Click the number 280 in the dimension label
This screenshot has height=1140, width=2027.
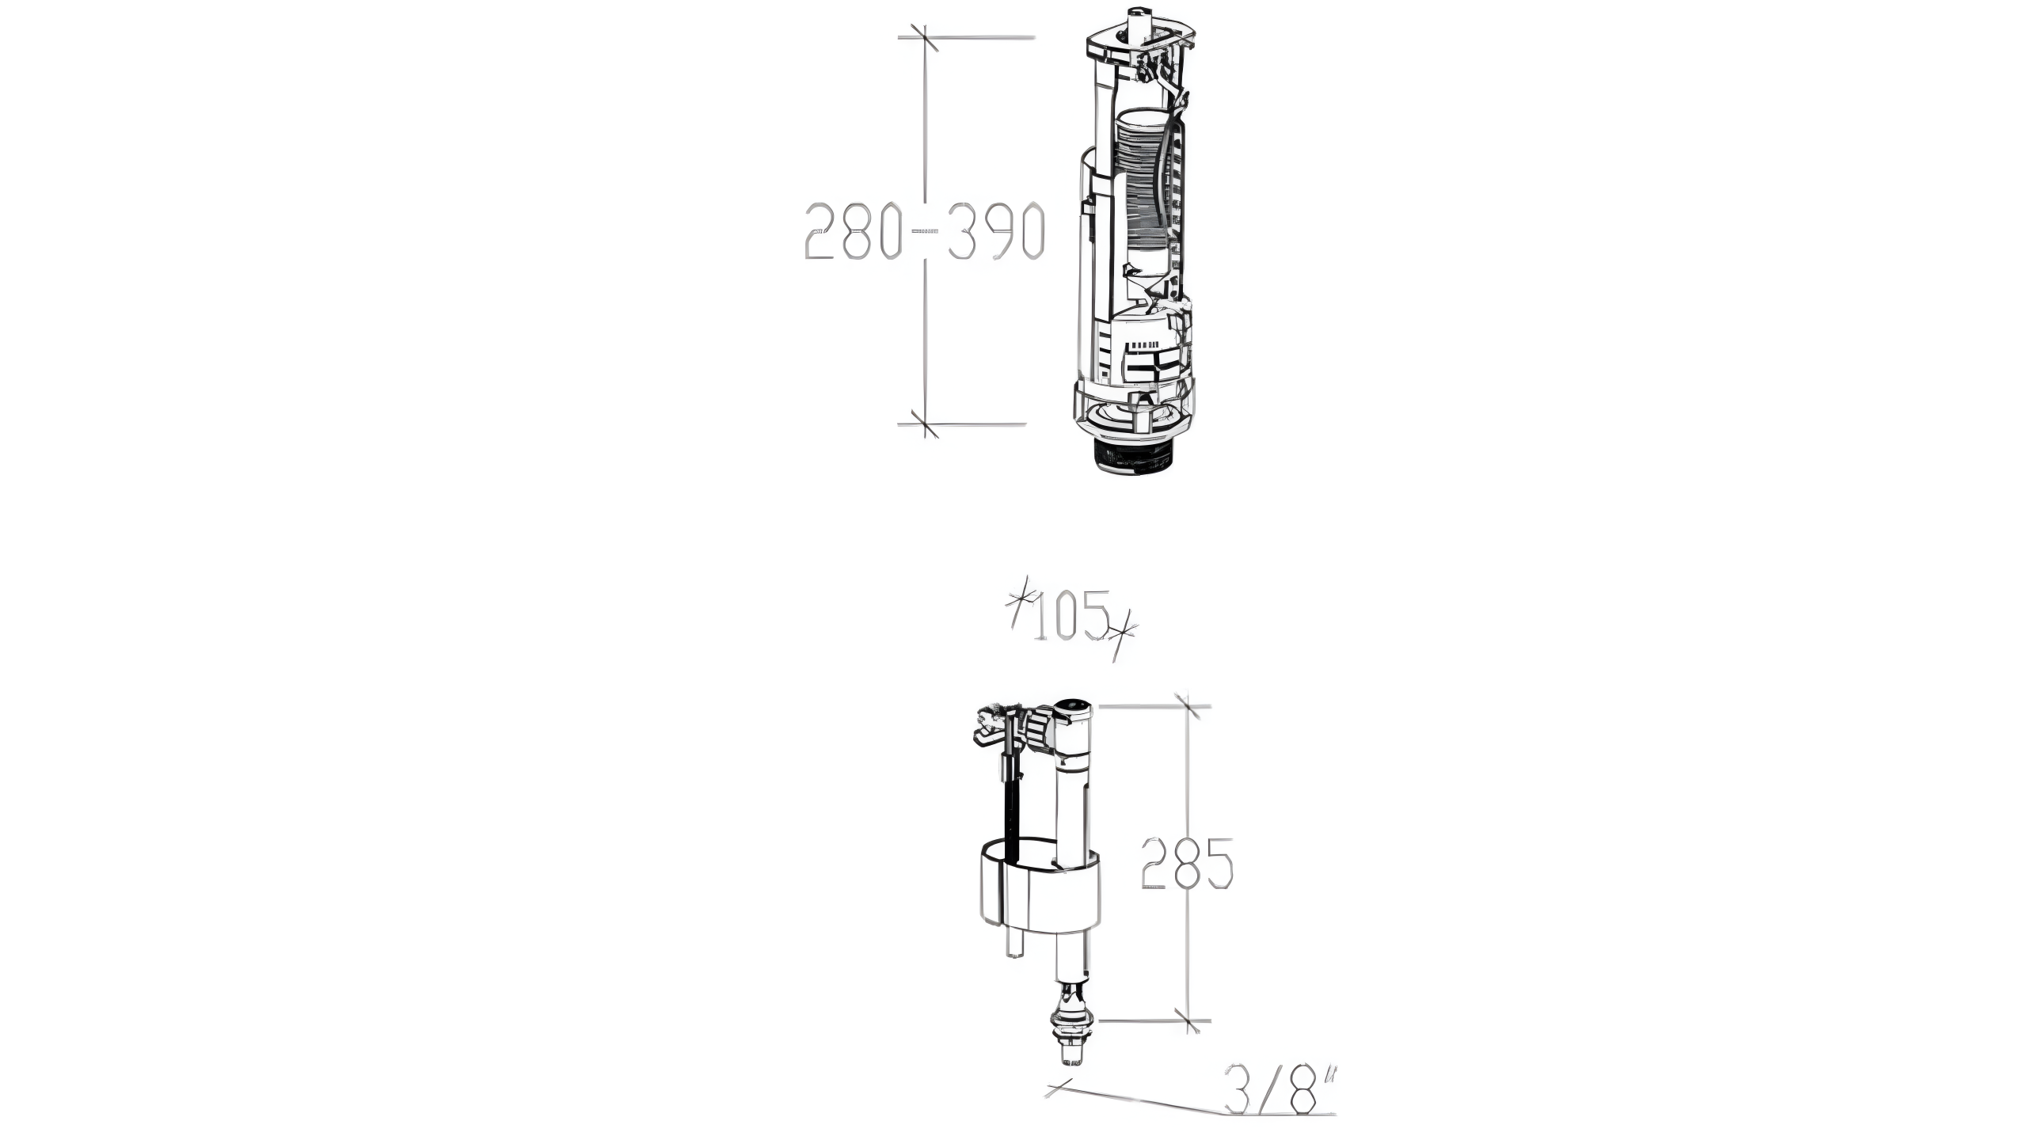click(x=853, y=231)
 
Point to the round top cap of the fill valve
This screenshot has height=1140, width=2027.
click(x=1073, y=710)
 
